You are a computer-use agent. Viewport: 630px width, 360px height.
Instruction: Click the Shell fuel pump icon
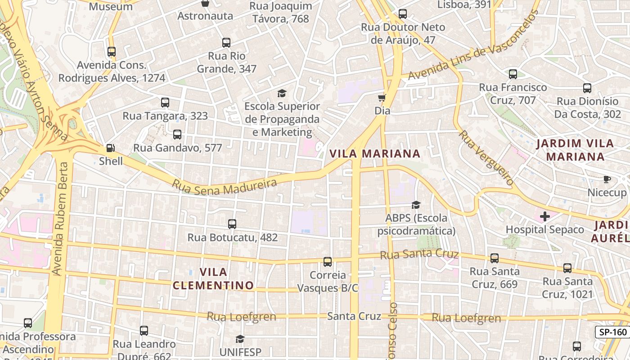(x=110, y=148)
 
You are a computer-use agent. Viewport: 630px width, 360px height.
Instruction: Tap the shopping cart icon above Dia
(x=382, y=98)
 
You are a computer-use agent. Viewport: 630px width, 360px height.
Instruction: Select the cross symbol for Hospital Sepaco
(x=545, y=216)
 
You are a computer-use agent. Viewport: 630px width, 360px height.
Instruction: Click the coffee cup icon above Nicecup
(x=607, y=180)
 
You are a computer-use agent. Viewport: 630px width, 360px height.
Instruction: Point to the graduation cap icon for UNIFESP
(x=240, y=338)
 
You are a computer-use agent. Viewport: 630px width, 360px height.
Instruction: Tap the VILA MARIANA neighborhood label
(x=375, y=153)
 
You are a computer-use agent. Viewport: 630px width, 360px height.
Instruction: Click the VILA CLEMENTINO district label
(x=213, y=279)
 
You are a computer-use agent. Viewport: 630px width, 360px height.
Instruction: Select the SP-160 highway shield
(x=613, y=333)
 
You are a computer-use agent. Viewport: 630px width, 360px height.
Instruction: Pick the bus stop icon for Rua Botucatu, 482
(x=232, y=224)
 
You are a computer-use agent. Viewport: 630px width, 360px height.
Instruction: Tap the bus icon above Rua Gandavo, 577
(x=177, y=134)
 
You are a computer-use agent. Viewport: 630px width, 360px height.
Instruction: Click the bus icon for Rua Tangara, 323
(x=165, y=103)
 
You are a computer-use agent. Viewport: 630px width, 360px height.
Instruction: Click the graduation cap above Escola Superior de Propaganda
(x=282, y=93)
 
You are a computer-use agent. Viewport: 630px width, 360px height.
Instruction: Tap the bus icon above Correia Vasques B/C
(x=328, y=261)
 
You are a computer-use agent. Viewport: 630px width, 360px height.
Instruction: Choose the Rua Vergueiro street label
(x=486, y=158)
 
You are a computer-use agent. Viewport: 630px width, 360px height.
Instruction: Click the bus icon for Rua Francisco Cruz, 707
(x=513, y=74)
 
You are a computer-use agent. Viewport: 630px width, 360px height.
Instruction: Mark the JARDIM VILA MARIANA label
(x=575, y=150)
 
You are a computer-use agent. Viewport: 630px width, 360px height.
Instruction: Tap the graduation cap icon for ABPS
(x=416, y=205)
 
